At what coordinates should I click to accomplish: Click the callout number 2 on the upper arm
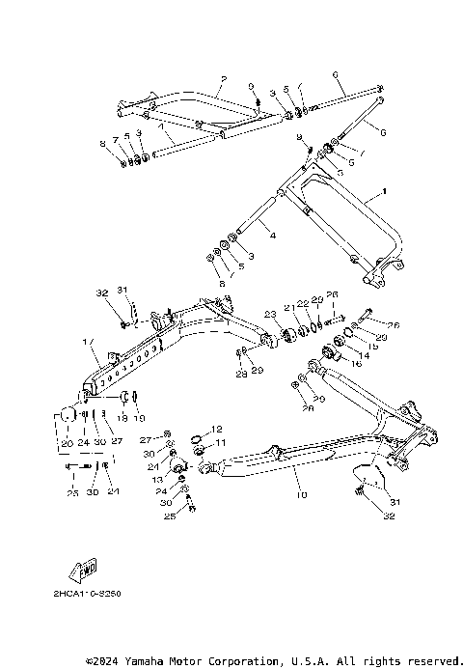tap(223, 78)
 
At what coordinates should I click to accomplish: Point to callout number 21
tap(288, 307)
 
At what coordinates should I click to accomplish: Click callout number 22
tap(302, 303)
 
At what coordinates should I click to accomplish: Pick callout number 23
tap(271, 314)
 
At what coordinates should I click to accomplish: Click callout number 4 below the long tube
tap(272, 236)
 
